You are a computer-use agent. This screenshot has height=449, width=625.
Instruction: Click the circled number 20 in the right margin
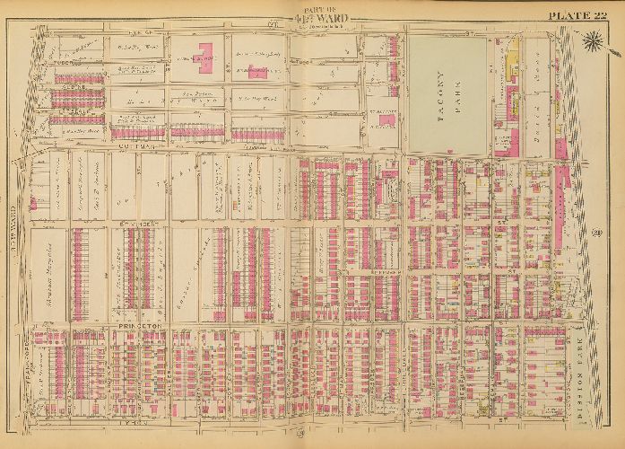[x=595, y=234]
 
